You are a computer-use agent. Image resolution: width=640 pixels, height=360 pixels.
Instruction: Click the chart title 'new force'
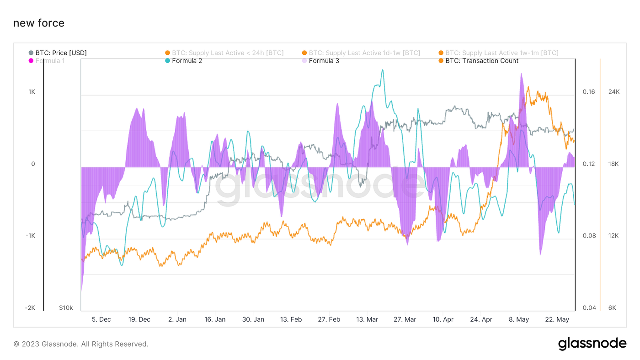[39, 23]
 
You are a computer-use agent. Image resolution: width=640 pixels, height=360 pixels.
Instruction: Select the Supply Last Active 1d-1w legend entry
[364, 53]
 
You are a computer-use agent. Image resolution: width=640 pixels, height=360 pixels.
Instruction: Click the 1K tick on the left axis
[32, 92]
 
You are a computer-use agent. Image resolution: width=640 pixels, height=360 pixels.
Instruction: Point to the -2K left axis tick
[30, 308]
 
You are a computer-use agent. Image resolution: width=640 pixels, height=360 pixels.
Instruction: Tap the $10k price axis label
[66, 308]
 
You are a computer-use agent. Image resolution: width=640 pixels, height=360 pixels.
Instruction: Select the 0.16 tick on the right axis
[589, 92]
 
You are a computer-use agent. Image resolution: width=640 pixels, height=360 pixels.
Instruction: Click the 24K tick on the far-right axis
[614, 92]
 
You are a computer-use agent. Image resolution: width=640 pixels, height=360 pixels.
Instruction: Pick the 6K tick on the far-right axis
[612, 308]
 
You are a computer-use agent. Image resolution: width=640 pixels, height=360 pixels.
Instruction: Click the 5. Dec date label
[101, 319]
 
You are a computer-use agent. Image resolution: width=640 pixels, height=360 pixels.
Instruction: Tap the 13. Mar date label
[367, 319]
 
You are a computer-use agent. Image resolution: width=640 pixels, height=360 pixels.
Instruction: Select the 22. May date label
[557, 319]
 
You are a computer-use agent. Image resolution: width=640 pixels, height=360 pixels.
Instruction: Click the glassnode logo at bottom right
[592, 344]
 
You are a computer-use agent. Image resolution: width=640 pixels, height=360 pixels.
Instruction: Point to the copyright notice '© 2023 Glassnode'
[81, 344]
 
